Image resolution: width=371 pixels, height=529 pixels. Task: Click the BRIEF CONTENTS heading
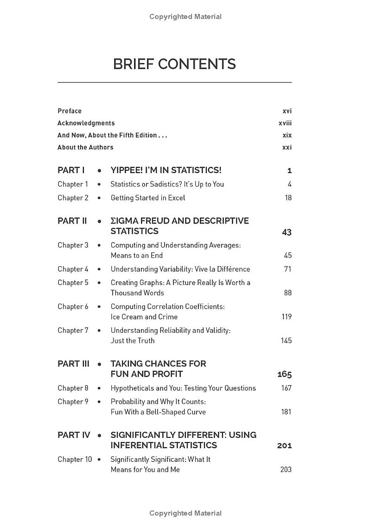click(174, 64)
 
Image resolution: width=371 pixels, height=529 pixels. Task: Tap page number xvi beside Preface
click(287, 111)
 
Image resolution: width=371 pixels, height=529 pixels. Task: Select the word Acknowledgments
click(86, 123)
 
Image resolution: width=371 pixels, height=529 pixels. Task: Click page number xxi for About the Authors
click(287, 147)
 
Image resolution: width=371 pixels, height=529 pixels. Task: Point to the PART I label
click(71, 170)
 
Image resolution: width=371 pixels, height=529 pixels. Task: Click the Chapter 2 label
click(73, 198)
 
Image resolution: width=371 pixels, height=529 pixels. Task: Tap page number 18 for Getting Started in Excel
click(288, 198)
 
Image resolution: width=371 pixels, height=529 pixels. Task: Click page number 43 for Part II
click(287, 232)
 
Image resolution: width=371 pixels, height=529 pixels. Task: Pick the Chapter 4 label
click(73, 269)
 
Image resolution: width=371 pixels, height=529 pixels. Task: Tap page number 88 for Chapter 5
click(288, 293)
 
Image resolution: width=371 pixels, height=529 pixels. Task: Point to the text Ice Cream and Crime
click(144, 317)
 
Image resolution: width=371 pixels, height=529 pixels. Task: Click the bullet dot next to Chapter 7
click(99, 330)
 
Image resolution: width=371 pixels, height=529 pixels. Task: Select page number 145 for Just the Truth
click(286, 341)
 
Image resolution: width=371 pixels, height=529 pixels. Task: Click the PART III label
click(73, 364)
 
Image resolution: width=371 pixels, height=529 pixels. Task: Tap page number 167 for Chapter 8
click(286, 388)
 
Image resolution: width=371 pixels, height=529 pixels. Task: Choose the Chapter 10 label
click(75, 460)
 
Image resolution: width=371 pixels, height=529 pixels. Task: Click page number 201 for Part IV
click(284, 446)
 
